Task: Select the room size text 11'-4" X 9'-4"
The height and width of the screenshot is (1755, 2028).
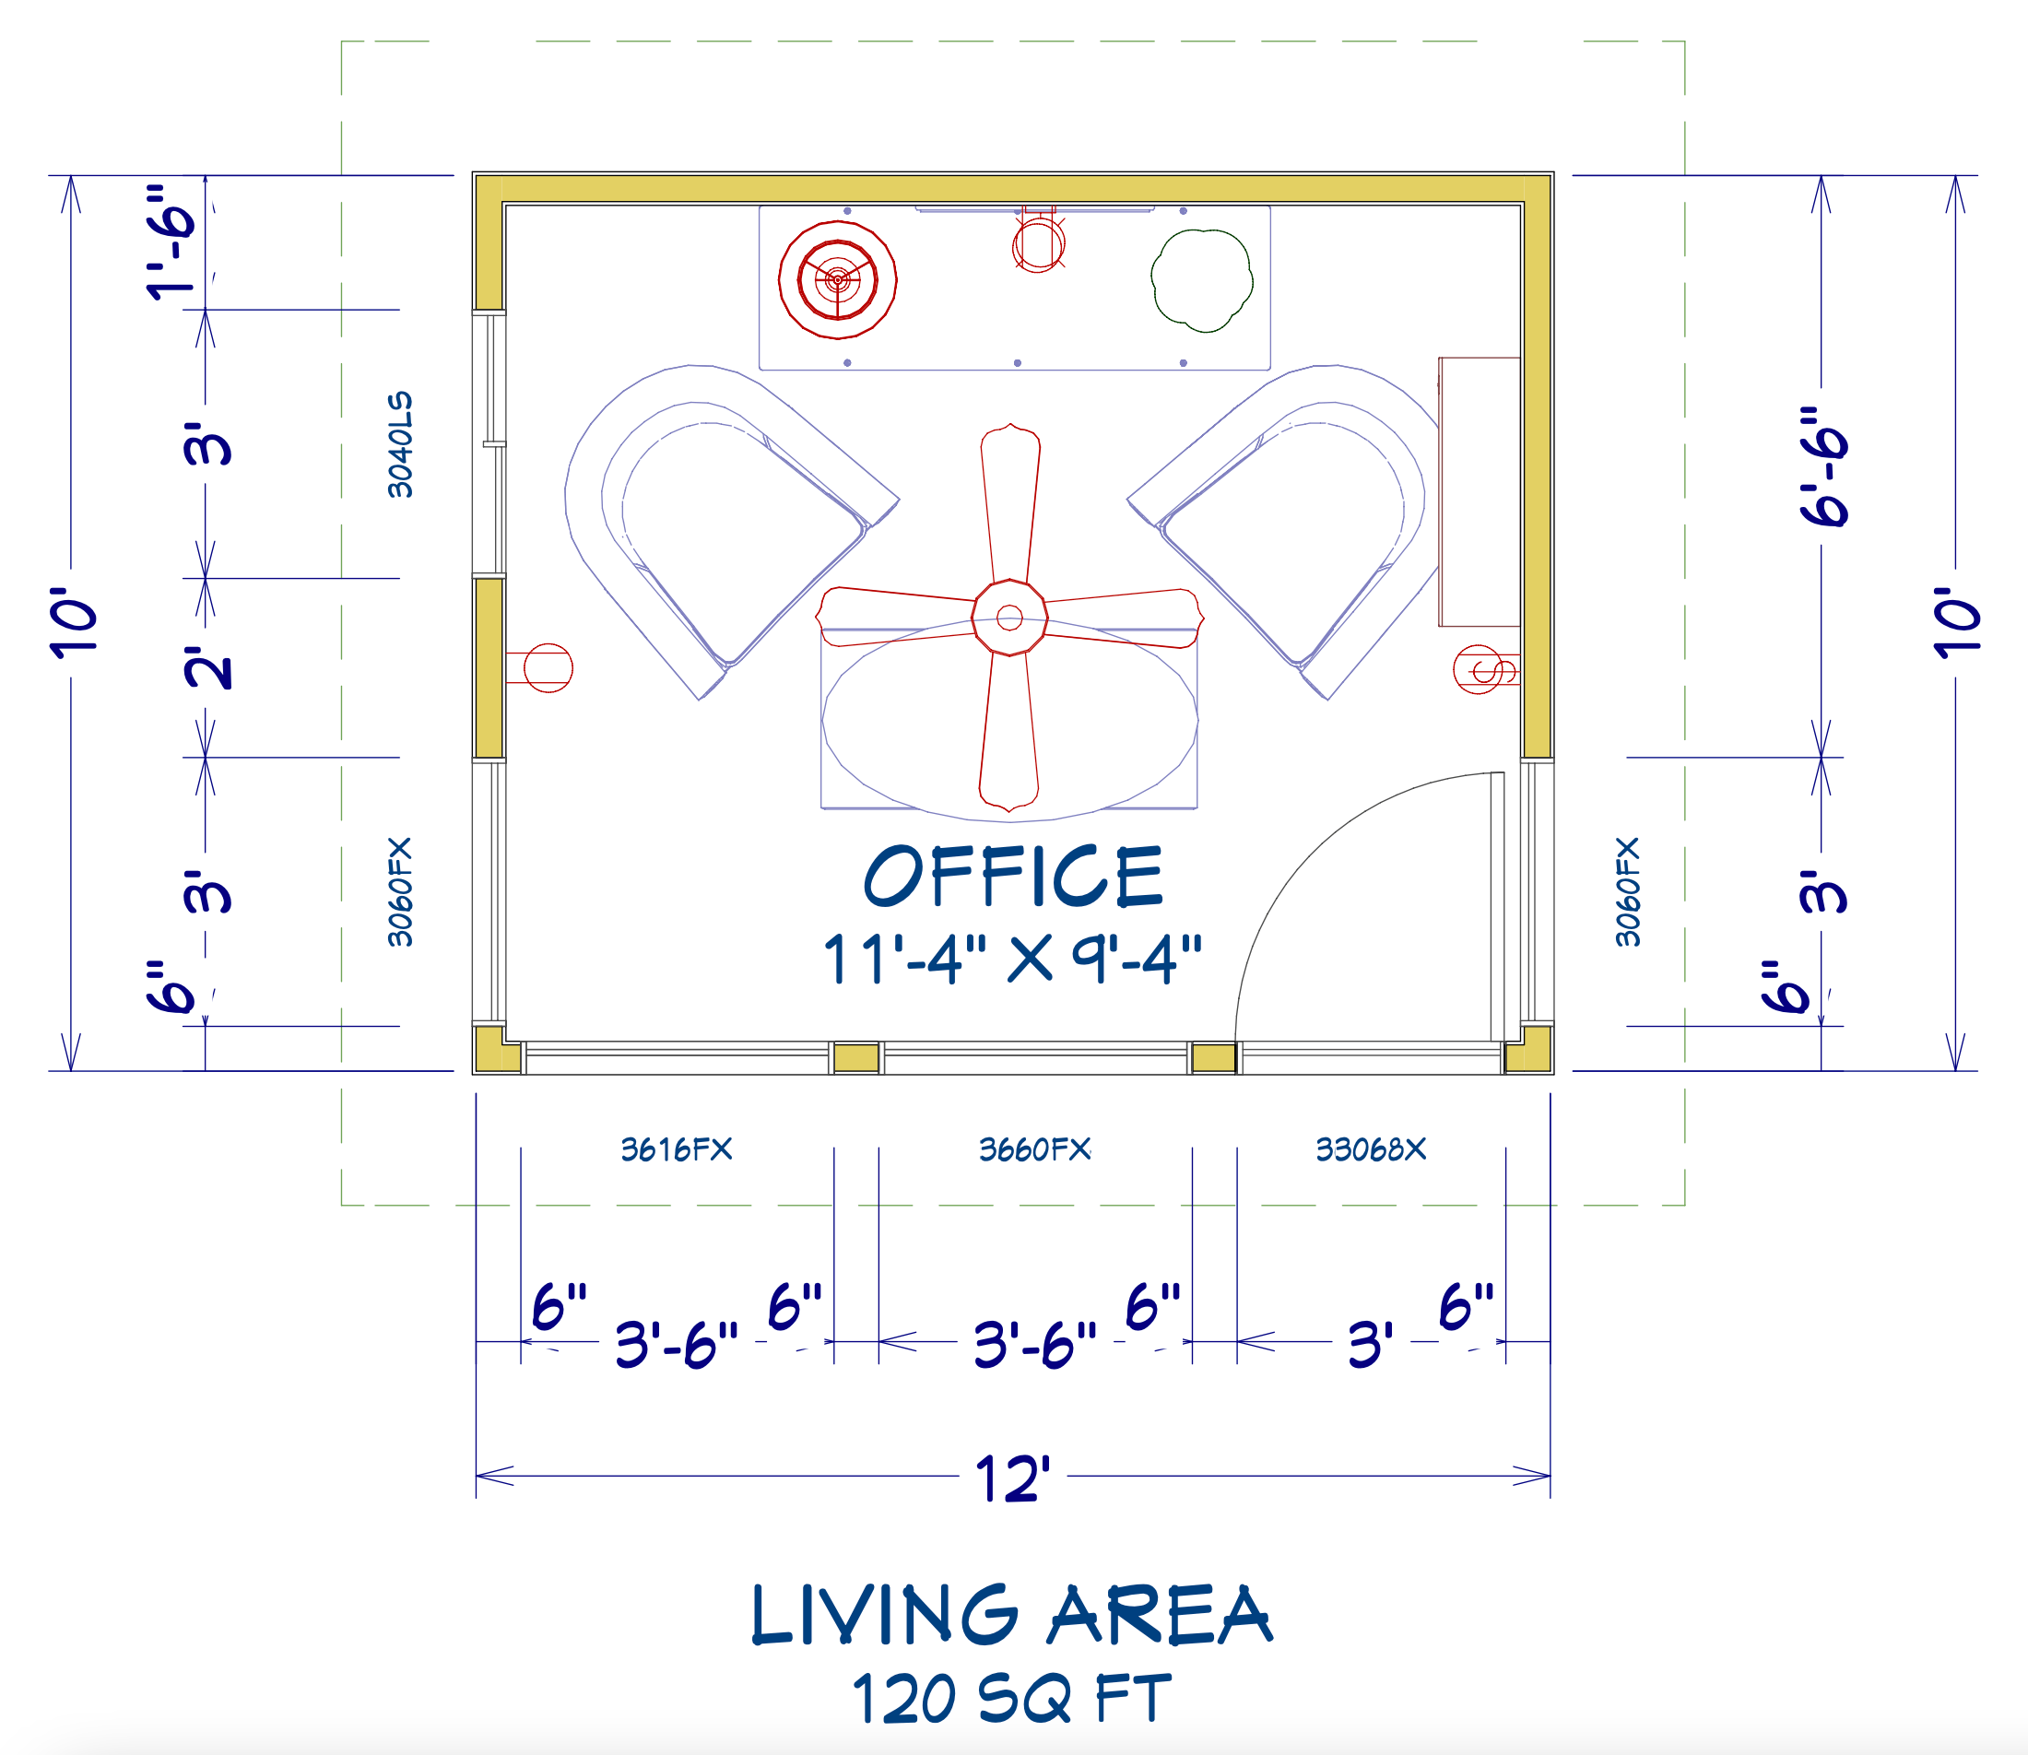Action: [x=1012, y=959]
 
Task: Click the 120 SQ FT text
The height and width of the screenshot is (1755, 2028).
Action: [x=1011, y=1699]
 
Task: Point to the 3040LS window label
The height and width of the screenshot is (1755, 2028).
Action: [x=400, y=444]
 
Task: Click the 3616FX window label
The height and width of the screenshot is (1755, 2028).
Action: [x=677, y=1148]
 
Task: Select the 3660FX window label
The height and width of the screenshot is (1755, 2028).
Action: [x=1035, y=1148]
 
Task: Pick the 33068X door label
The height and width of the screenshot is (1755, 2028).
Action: [x=1371, y=1148]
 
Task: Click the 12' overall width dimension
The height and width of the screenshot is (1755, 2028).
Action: [x=1012, y=1478]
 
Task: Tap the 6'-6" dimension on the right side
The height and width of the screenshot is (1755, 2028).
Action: [x=1823, y=466]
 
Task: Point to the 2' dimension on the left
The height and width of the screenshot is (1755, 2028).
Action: [x=208, y=668]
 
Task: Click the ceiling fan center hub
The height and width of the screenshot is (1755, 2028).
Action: [x=1009, y=617]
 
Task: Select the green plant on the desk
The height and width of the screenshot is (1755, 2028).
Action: [x=1201, y=280]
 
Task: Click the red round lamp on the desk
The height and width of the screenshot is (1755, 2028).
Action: [x=837, y=280]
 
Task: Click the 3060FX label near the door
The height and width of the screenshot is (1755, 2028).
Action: [x=1628, y=891]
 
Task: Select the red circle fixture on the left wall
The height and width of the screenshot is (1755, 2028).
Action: [x=548, y=668]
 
